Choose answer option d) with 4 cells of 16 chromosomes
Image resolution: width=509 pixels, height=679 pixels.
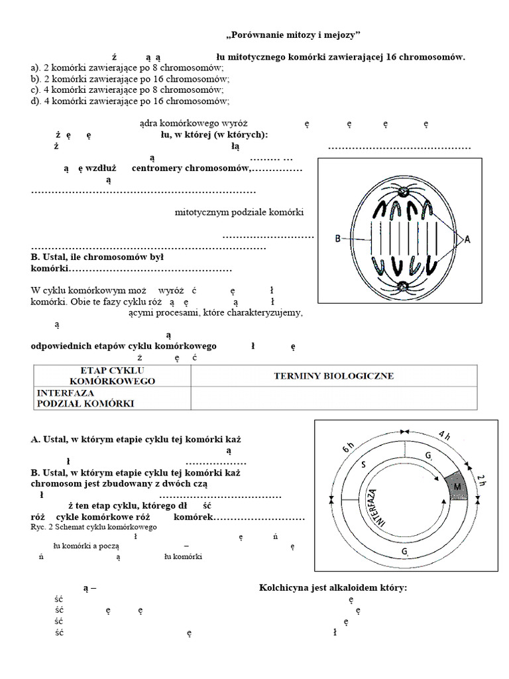point(130,101)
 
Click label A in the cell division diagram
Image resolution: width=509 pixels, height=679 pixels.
point(467,241)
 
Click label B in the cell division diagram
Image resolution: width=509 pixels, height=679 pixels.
point(339,239)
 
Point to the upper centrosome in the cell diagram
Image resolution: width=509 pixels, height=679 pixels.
point(403,192)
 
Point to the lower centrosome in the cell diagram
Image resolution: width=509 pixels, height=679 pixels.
point(403,286)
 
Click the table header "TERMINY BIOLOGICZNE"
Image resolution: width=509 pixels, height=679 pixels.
point(333,376)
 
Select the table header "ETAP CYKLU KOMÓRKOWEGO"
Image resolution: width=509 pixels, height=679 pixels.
point(112,375)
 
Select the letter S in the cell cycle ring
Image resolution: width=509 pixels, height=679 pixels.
point(363,465)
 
